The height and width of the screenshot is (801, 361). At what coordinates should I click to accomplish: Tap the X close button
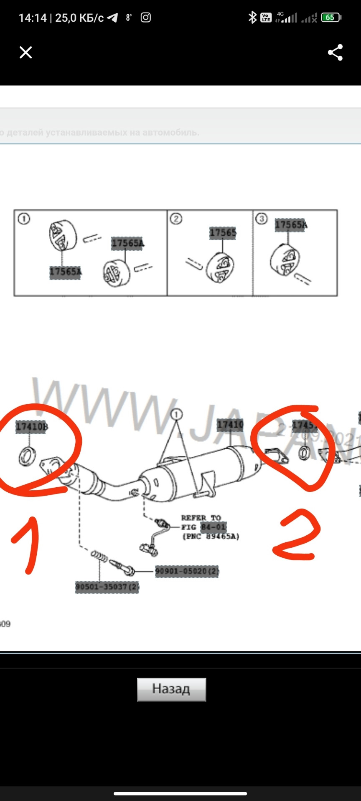tap(25, 53)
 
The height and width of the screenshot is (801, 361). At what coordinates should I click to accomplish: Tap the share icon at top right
tap(335, 53)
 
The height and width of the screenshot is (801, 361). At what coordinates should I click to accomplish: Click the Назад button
tap(171, 689)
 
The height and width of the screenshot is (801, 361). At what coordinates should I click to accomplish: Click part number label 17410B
tap(32, 427)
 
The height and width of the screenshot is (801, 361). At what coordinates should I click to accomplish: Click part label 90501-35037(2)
tap(107, 587)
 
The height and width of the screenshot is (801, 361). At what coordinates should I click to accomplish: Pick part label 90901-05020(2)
tap(187, 571)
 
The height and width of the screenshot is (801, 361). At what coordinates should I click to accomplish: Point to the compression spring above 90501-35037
tap(99, 556)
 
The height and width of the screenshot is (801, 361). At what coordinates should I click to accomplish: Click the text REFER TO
tap(201, 518)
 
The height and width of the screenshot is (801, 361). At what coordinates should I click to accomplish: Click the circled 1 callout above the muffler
tap(177, 414)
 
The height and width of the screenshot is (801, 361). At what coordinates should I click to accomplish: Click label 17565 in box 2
tap(223, 233)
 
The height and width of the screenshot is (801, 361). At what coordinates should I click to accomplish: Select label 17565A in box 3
tap(291, 225)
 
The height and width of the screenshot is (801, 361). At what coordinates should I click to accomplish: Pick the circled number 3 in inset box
tap(262, 219)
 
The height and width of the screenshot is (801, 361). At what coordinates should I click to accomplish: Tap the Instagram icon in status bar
tap(145, 18)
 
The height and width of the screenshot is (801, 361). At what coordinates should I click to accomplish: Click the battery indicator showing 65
tap(330, 18)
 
